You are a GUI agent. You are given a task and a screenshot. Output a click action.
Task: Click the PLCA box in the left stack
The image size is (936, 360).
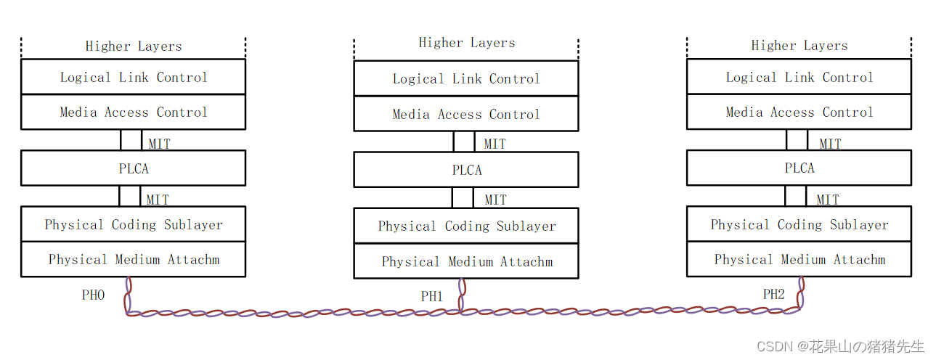[x=134, y=168]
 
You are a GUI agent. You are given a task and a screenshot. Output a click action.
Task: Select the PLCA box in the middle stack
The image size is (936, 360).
[x=466, y=170]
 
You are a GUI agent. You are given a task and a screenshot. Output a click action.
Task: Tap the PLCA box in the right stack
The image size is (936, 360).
[x=799, y=168]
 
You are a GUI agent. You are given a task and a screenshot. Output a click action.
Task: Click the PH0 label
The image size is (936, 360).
[x=93, y=295]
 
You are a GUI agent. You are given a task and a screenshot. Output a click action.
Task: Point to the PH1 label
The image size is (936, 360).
[x=432, y=296]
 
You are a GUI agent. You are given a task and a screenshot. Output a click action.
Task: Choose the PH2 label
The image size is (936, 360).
[x=773, y=294]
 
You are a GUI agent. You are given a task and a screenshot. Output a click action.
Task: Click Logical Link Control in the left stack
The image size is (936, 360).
[x=134, y=77]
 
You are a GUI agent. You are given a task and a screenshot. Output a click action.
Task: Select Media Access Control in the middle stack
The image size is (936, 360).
[x=466, y=114]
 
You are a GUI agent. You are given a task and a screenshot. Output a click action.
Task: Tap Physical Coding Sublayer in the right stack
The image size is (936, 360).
[x=799, y=224]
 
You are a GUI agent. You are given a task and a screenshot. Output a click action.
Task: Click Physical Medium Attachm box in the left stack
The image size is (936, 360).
[x=134, y=259]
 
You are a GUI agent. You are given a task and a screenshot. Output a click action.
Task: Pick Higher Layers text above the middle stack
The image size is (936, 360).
[x=466, y=43]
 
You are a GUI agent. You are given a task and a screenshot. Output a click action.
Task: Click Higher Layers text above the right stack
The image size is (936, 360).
[x=799, y=45]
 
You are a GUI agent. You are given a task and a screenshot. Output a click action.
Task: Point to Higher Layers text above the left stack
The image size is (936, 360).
[x=134, y=46]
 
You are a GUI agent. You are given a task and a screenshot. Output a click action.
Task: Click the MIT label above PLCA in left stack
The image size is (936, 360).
[x=159, y=143]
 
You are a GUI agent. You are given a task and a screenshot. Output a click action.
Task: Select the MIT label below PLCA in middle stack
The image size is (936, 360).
[x=495, y=200]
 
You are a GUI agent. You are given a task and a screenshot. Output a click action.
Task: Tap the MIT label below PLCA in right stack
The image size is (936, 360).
[x=828, y=199]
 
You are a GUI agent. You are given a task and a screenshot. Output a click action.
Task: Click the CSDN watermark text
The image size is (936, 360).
[x=840, y=346]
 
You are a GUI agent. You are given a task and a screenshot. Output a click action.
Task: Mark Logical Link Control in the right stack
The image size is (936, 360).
[x=799, y=77]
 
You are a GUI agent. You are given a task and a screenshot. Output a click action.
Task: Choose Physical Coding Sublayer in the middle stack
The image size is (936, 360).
[x=466, y=226]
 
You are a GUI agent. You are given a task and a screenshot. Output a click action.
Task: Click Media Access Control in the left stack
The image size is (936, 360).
[x=134, y=112]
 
